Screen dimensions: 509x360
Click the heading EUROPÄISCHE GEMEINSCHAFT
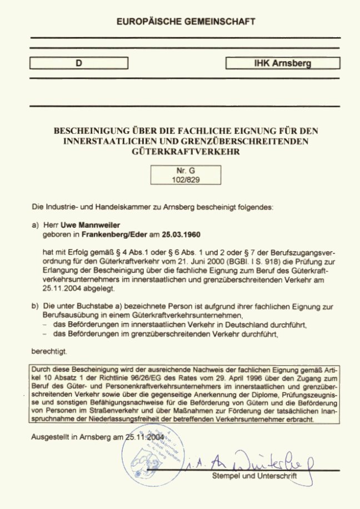186,22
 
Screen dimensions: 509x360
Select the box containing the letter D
78,63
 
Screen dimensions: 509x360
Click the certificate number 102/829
186,180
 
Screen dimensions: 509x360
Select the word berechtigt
49,351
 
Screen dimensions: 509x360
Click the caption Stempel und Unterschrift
254,477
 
